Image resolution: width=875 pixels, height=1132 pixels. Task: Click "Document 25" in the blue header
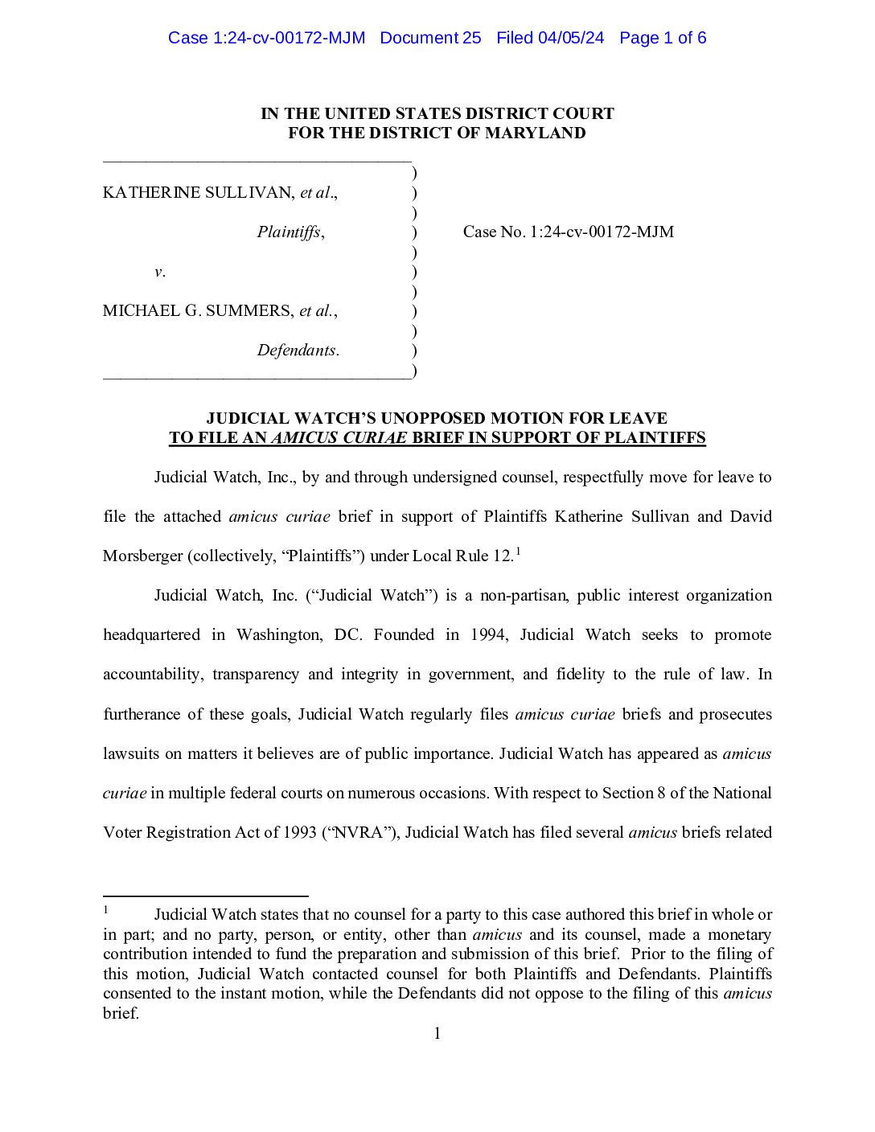430,38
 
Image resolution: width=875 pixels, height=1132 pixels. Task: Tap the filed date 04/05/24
571,38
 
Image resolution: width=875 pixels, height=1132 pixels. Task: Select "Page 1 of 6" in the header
663,38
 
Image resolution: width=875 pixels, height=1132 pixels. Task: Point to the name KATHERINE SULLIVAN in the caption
198,192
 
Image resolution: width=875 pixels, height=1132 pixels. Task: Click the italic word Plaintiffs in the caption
289,232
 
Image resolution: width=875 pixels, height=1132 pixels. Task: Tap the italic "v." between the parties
159,272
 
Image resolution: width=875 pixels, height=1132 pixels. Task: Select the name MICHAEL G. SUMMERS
197,311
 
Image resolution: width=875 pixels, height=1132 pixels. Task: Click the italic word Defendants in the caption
297,351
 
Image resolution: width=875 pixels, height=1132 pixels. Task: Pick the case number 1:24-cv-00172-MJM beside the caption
602,232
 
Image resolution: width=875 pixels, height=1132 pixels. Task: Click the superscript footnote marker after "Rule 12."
519,551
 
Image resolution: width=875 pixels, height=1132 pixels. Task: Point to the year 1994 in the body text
488,635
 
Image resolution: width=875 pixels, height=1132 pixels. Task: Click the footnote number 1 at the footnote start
105,910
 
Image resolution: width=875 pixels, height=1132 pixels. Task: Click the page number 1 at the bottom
437,1034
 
